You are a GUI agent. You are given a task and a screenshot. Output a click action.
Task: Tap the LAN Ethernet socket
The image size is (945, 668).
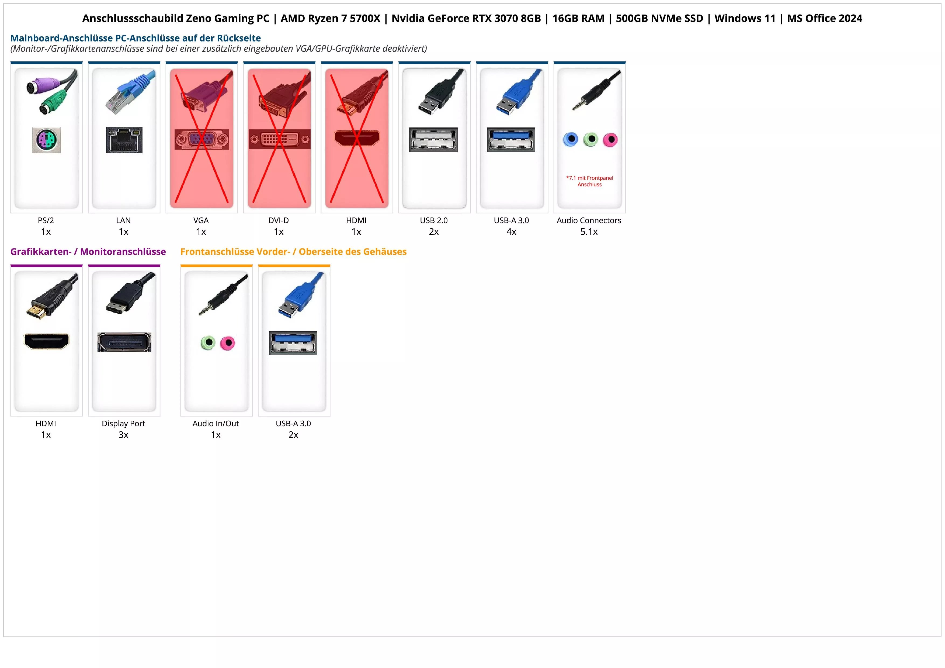[x=124, y=140]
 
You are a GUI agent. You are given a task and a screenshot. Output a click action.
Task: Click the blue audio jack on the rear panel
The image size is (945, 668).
[x=571, y=140]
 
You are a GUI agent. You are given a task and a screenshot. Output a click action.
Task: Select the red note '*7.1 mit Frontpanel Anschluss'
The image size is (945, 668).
[x=589, y=181]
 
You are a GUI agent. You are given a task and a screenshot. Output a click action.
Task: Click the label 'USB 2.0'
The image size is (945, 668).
[x=433, y=220]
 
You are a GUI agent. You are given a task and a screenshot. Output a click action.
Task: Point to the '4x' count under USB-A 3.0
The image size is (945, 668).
[x=511, y=232]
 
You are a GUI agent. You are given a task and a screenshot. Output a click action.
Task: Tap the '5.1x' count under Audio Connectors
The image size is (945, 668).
[x=589, y=232]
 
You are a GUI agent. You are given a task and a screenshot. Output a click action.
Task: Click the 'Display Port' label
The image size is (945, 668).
[x=123, y=423]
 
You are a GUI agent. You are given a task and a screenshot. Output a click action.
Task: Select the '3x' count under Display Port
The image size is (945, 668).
[x=123, y=435]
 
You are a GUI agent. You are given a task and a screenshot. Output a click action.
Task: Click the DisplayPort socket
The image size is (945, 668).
[x=124, y=342]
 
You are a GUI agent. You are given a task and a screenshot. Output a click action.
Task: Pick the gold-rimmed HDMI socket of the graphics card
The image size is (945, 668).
[x=47, y=341]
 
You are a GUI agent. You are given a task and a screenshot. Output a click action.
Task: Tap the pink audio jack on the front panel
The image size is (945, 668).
[x=227, y=343]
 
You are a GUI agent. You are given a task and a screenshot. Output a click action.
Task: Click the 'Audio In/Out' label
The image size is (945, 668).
[x=216, y=423]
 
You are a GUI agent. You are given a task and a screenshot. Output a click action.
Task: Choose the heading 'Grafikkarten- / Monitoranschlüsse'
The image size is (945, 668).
[x=88, y=251]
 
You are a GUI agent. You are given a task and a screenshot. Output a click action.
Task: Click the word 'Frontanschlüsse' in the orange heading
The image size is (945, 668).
[x=217, y=251]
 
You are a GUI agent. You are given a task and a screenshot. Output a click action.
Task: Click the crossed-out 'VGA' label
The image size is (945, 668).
[x=201, y=220]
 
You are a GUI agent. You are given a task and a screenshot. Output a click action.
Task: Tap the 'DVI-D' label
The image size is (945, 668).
[x=279, y=220]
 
